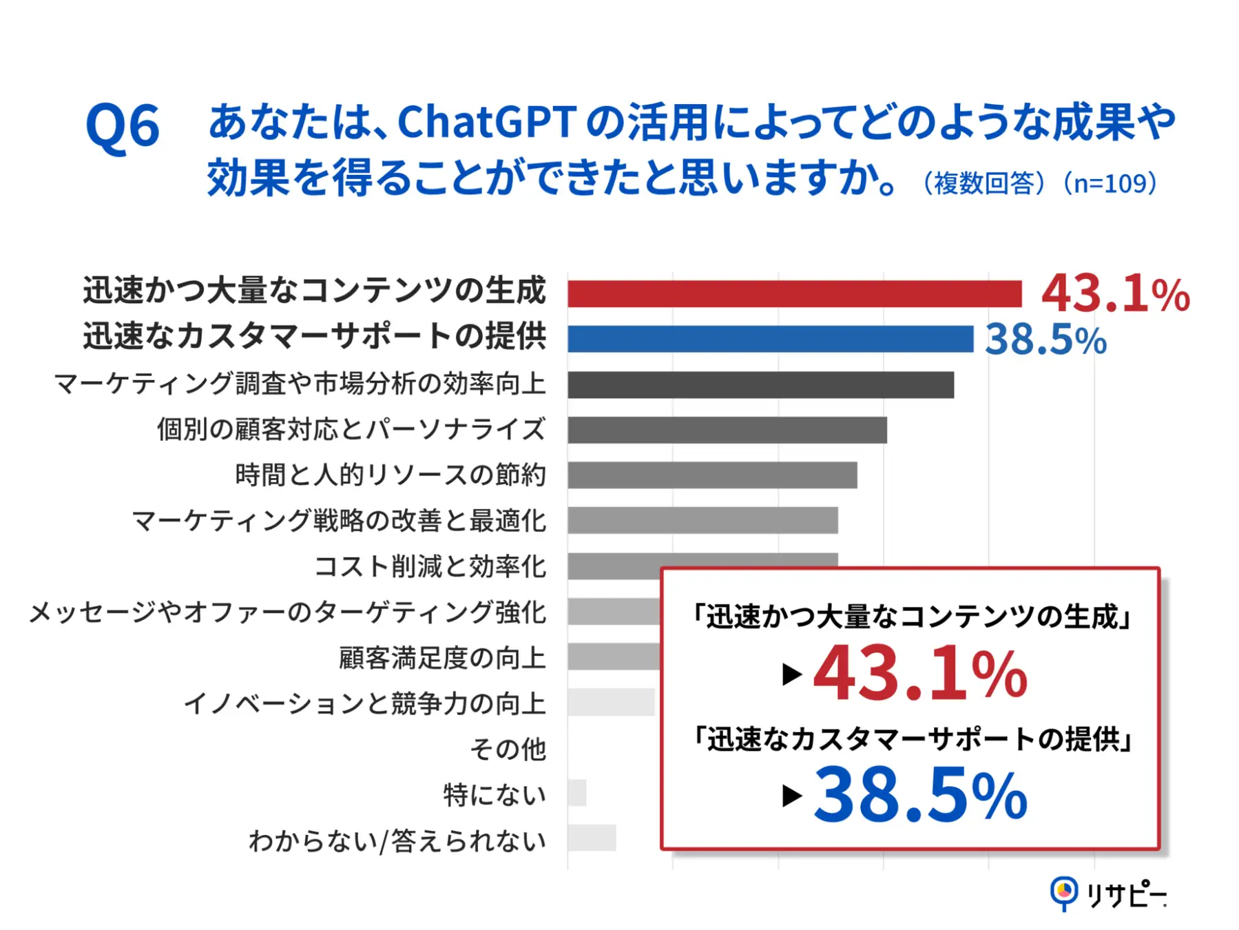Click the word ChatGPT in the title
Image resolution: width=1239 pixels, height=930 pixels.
[x=486, y=123]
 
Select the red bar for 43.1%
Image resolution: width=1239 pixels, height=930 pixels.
[x=794, y=294]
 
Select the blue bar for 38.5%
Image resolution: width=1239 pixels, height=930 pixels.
[x=770, y=339]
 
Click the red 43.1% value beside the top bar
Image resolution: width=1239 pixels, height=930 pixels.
[x=1115, y=294]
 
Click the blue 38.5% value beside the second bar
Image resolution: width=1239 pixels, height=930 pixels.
[x=1045, y=340]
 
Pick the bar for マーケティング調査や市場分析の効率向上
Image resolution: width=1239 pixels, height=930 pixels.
[x=760, y=385]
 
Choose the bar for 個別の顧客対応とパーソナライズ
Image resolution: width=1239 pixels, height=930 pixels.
[x=727, y=430]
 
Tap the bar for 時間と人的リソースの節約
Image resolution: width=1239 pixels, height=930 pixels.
[x=712, y=475]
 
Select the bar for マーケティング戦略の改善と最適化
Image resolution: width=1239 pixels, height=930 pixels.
[x=702, y=521]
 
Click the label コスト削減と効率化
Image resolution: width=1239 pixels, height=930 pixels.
[x=430, y=566]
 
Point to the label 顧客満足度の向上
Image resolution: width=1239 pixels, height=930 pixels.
[x=442, y=658]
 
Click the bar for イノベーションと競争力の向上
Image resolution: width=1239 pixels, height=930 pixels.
[x=611, y=702]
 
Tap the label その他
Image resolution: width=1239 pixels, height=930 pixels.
[x=508, y=749]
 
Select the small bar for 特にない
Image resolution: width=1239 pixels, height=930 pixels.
[x=577, y=793]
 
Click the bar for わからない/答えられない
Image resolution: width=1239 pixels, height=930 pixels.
[x=592, y=838]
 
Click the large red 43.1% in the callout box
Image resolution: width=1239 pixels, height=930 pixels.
[x=920, y=674]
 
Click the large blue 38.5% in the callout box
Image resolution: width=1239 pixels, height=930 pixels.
[x=920, y=795]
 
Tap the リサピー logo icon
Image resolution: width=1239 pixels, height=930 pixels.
[x=1063, y=893]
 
